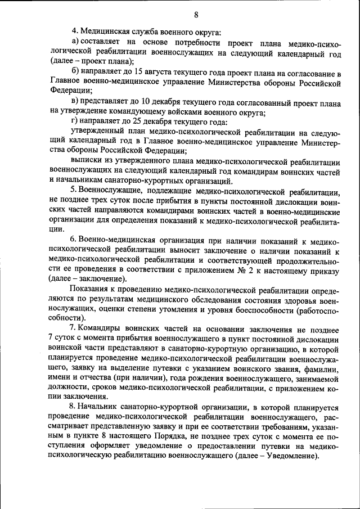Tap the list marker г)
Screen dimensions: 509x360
pyautogui.click(x=74, y=122)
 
